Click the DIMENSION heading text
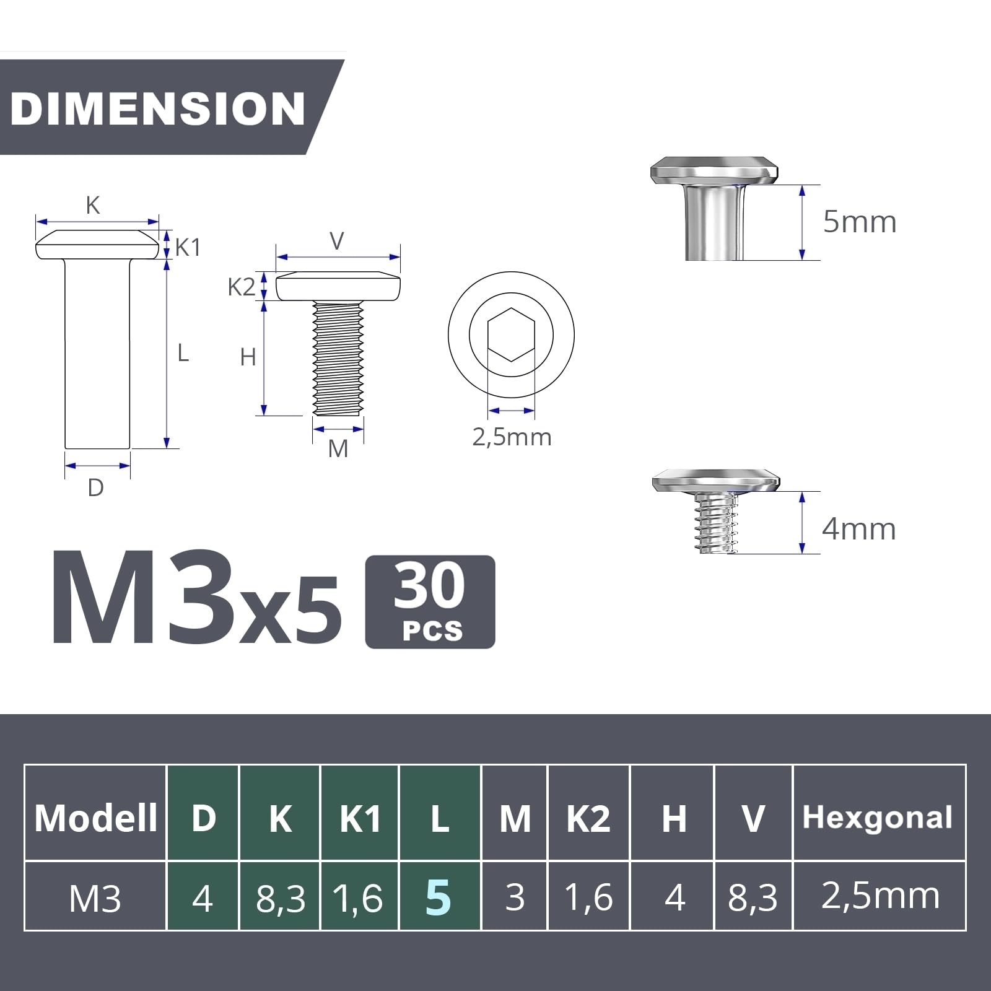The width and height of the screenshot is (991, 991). (157, 108)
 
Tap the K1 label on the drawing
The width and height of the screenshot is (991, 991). (188, 248)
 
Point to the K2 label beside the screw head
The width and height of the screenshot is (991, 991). (241, 287)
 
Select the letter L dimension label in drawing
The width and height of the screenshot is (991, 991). (183, 353)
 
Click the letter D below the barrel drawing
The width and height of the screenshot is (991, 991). (96, 488)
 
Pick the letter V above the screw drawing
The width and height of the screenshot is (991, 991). (337, 241)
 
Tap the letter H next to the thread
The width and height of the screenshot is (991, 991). (248, 357)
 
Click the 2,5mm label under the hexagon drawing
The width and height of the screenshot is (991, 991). (512, 437)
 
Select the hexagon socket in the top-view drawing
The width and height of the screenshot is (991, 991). (511, 334)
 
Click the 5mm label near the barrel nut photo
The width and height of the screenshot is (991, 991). (860, 222)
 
